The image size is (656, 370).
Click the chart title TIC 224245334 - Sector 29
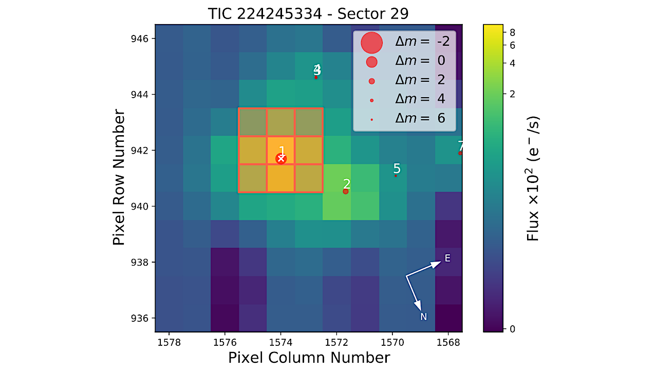(309, 13)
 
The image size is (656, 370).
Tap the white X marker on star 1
(281, 159)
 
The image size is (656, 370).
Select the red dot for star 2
(346, 191)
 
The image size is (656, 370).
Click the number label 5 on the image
(397, 169)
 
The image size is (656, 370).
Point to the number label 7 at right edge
(460, 145)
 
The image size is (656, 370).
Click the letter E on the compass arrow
(447, 258)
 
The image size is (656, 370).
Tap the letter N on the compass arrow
(424, 317)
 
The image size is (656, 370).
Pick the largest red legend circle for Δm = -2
(372, 43)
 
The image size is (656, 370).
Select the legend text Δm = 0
(422, 61)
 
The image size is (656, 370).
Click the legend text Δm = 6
(422, 119)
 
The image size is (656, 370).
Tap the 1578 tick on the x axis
(169, 341)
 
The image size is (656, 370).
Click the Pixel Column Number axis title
(309, 358)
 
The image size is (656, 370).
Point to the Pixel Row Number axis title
(119, 177)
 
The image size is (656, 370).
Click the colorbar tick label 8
(512, 32)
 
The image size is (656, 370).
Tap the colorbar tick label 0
(512, 329)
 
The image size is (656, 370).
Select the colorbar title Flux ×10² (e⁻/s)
(534, 177)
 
